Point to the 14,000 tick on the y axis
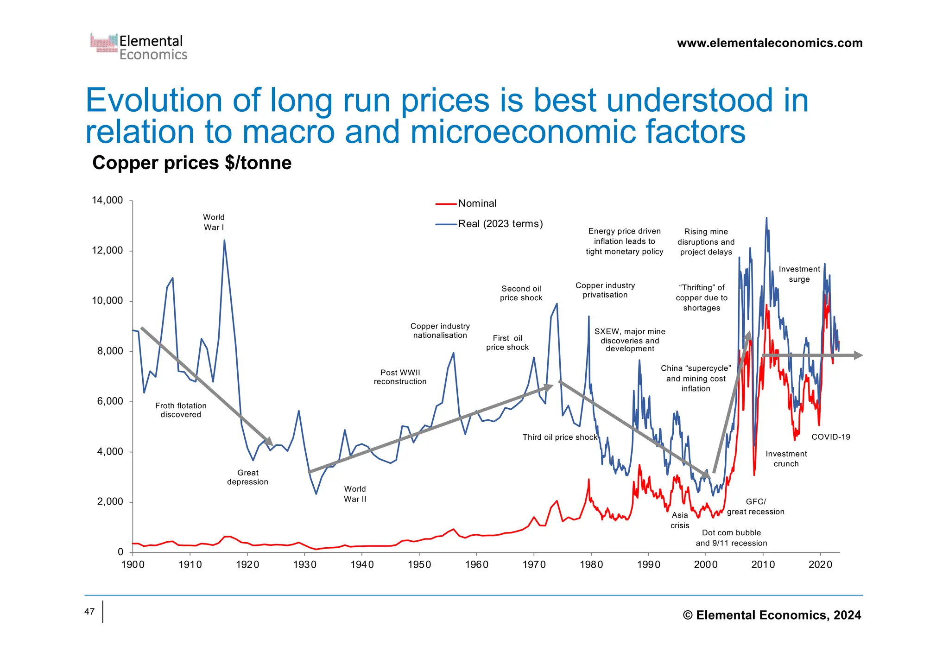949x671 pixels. tap(108, 200)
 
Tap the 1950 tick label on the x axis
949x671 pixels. tap(419, 564)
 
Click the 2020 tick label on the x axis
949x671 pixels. tap(820, 564)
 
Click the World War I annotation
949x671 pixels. tap(214, 222)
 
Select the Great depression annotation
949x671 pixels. tap(247, 477)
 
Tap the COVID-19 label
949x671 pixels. tap(831, 437)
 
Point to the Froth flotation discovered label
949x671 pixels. tap(181, 410)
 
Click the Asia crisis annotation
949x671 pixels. tap(680, 520)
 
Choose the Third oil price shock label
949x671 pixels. tap(560, 437)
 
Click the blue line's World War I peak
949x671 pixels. tap(224, 241)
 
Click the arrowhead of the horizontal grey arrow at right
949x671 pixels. tap(858, 355)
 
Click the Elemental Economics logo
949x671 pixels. tap(139, 47)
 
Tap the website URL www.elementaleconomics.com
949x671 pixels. tap(770, 43)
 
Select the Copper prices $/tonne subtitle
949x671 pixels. tap(192, 163)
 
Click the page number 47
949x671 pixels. tap(89, 612)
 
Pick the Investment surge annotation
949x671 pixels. tap(799, 274)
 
